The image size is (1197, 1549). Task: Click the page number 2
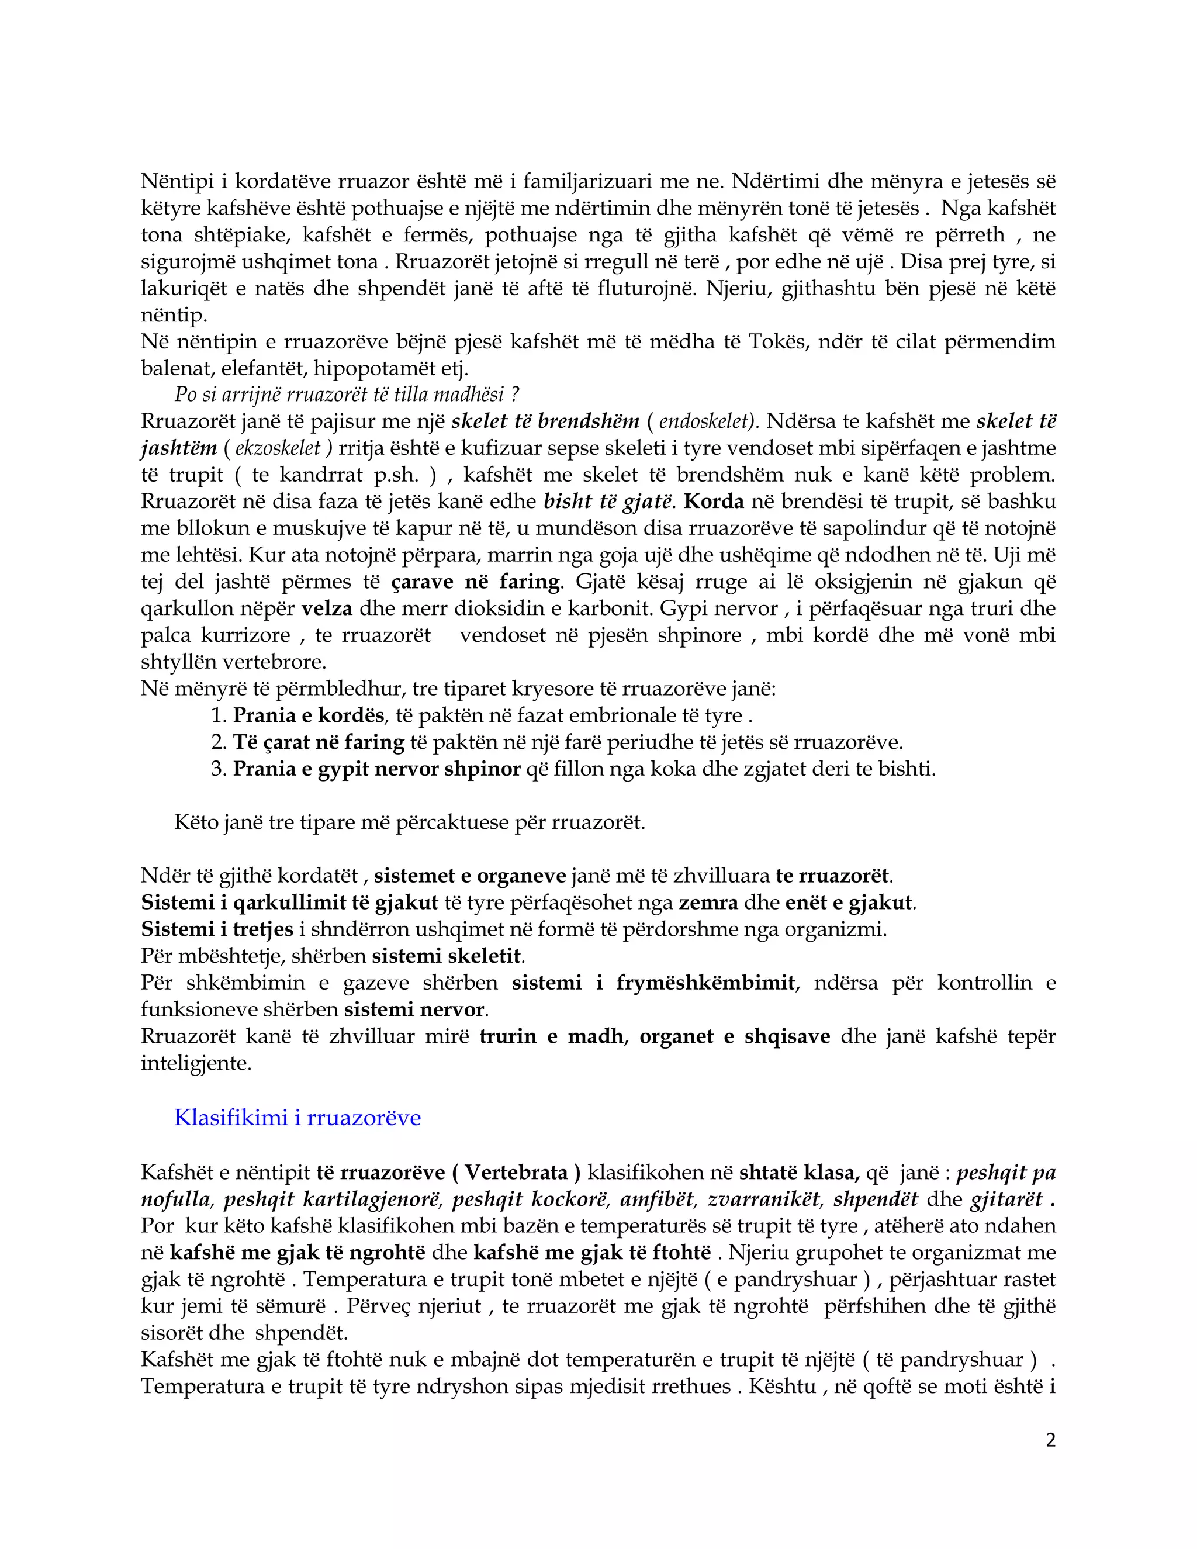point(1050,1440)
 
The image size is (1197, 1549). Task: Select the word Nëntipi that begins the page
point(174,182)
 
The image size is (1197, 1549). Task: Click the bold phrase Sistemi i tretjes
point(217,929)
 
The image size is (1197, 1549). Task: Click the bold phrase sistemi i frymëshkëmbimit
point(652,983)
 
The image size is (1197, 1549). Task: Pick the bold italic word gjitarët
point(1006,1199)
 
